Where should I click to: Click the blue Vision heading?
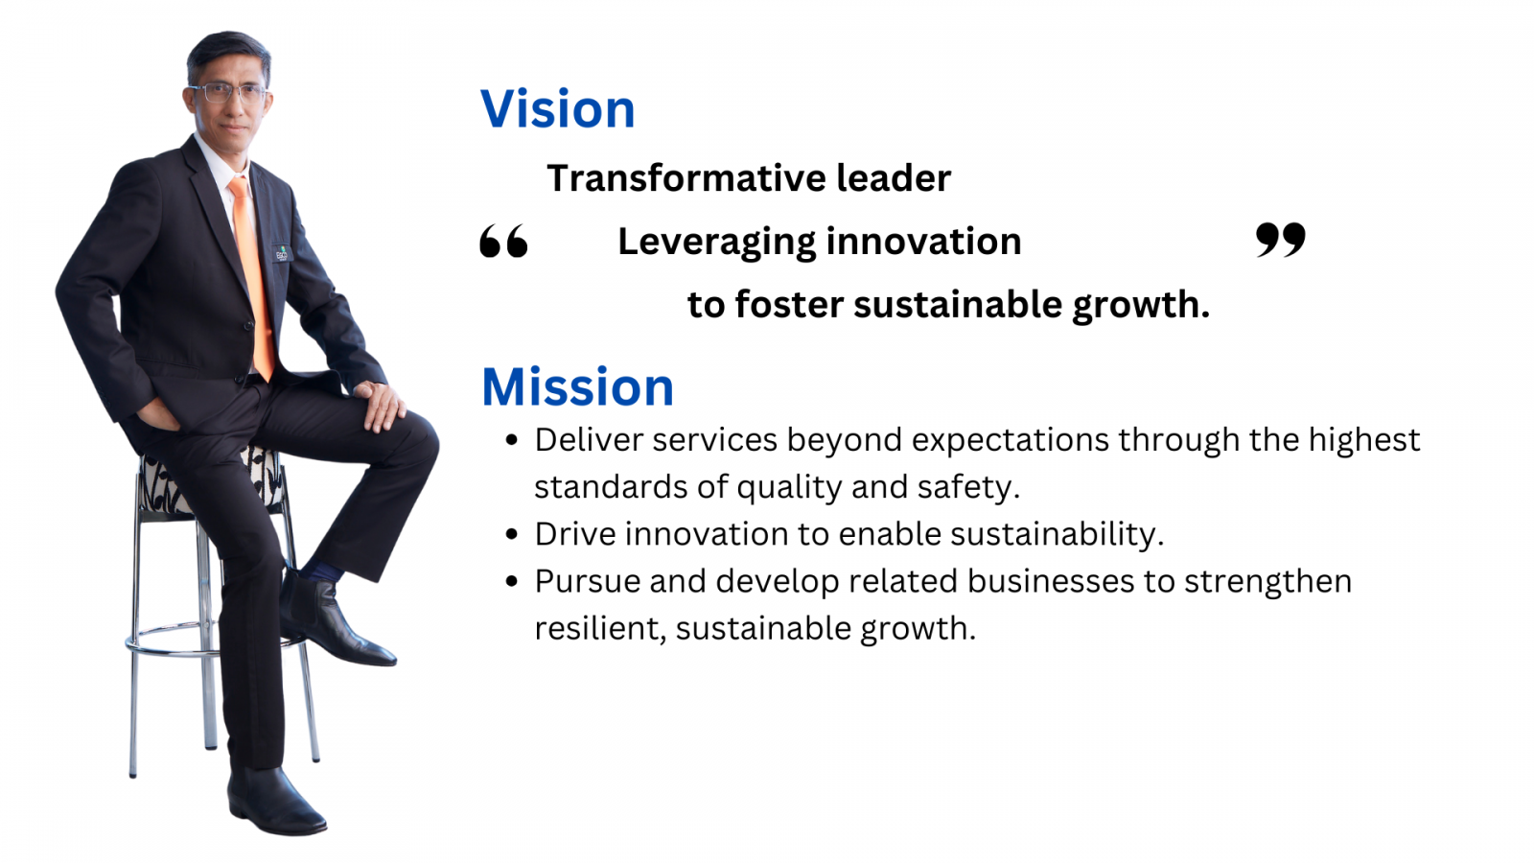[x=557, y=109]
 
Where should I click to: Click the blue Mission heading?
[x=577, y=387]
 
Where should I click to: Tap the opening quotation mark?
[x=504, y=241]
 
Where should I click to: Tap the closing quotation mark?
[x=1281, y=240]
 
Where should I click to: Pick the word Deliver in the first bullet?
[x=588, y=440]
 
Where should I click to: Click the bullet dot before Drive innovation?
[x=512, y=534]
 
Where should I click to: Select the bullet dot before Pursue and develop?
[x=512, y=581]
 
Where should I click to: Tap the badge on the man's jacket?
[x=282, y=253]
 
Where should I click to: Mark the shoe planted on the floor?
[x=274, y=802]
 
